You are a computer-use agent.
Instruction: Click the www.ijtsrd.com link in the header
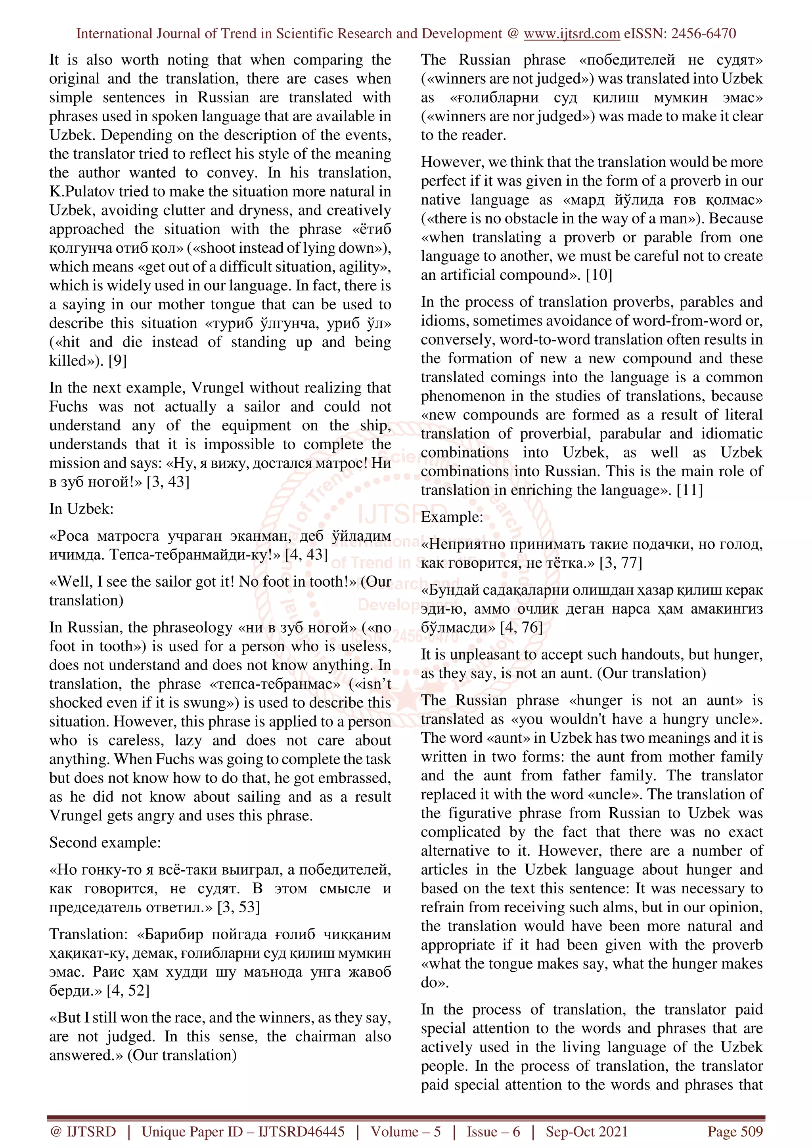coord(571,34)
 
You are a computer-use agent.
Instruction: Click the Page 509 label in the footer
coord(734,1131)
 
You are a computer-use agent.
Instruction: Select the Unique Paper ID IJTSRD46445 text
coord(243,1131)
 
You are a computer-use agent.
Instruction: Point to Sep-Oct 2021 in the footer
coord(586,1131)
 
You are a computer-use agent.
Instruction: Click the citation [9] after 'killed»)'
coord(118,360)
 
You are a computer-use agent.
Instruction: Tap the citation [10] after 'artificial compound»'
coord(599,275)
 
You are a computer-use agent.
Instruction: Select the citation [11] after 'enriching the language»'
coord(689,490)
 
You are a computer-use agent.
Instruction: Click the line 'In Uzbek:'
coord(82,509)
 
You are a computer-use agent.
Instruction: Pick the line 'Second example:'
coord(105,843)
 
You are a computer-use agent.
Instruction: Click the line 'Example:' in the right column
coord(452,517)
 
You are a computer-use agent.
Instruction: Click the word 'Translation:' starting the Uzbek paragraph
coord(89,934)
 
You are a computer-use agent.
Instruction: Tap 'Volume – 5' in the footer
coord(406,1131)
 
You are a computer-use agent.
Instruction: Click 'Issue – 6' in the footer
coord(493,1131)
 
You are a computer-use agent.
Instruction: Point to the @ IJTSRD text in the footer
coord(83,1131)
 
